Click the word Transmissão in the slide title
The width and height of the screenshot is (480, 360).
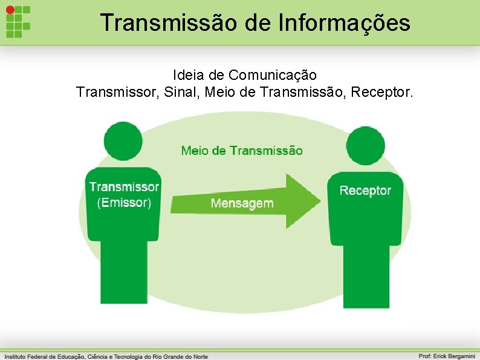(x=157, y=23)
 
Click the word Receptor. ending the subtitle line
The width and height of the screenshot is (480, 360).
(x=383, y=93)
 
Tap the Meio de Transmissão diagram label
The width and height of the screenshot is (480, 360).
(x=242, y=151)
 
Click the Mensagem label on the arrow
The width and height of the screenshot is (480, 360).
(x=242, y=203)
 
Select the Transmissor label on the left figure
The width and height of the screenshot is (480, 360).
(x=125, y=188)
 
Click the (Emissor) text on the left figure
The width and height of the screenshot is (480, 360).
(x=124, y=203)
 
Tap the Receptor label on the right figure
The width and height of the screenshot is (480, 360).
(x=365, y=191)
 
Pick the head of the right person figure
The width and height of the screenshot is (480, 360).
(x=366, y=146)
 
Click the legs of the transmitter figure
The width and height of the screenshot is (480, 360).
(x=123, y=272)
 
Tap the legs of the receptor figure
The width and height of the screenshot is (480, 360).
(x=366, y=275)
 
